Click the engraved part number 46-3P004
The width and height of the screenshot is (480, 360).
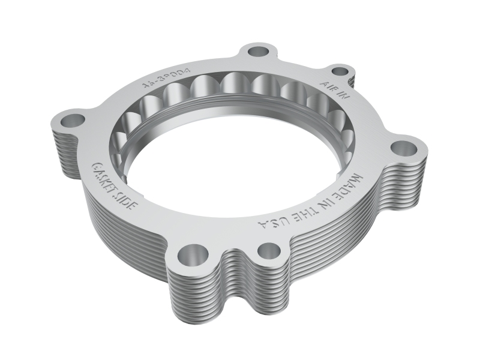tap(166, 77)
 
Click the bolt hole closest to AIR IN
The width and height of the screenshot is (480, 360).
tap(340, 71)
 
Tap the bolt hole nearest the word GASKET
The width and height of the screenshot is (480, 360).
tap(73, 120)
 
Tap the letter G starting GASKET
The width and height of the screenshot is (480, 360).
tap(94, 166)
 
